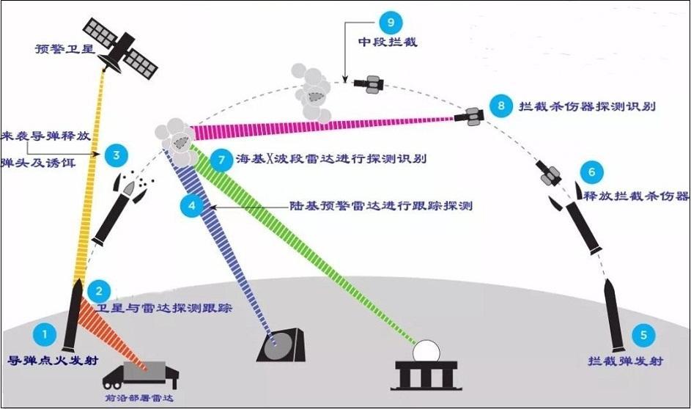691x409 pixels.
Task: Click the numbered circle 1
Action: (45, 335)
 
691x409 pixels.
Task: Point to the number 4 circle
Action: (192, 206)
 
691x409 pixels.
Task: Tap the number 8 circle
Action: (501, 106)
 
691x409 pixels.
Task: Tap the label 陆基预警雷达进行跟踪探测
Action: (382, 206)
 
